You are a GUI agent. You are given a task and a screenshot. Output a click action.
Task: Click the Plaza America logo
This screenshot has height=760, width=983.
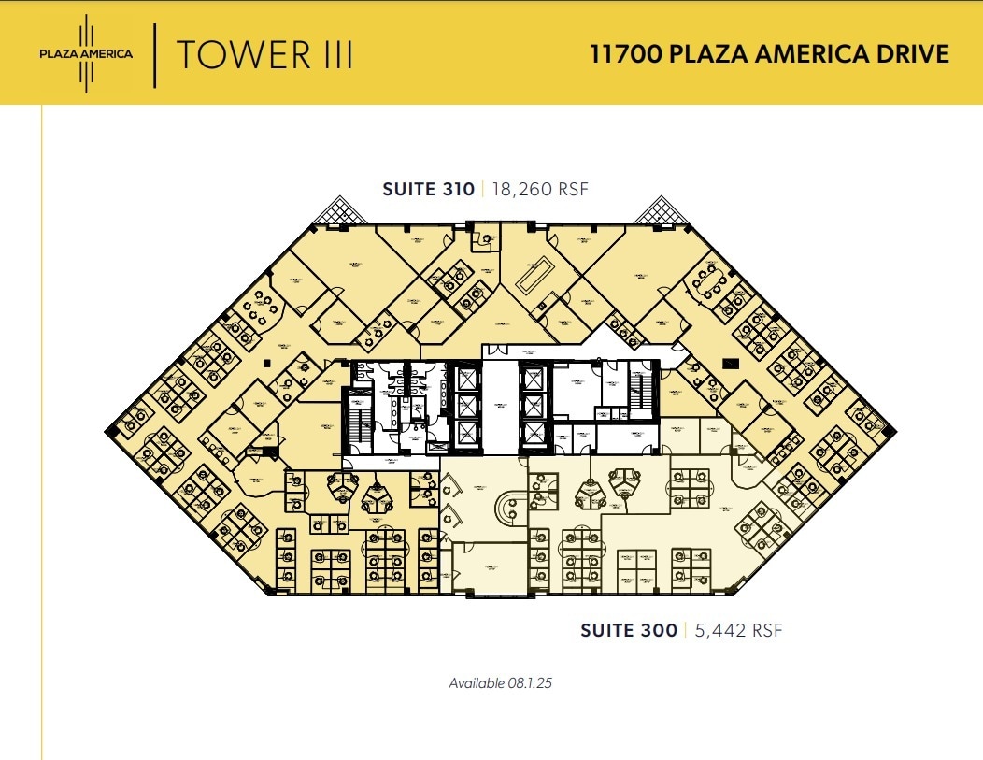click(85, 53)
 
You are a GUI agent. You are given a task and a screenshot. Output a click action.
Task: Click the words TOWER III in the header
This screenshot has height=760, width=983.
click(264, 55)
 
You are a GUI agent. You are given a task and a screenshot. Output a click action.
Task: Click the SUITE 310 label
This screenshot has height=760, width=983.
click(427, 189)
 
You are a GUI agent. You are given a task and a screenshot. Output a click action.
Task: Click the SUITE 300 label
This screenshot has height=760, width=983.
click(628, 631)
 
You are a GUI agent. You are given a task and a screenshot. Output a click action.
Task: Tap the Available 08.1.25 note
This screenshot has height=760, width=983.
click(501, 683)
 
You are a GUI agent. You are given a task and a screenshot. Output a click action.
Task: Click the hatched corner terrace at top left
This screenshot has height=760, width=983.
click(339, 210)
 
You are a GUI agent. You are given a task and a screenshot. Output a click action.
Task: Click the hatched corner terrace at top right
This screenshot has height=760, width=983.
click(662, 210)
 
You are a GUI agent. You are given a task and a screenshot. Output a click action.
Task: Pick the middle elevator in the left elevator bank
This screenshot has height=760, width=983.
click(464, 405)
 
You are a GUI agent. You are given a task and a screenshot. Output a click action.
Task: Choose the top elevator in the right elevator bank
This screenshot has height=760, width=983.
click(532, 379)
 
